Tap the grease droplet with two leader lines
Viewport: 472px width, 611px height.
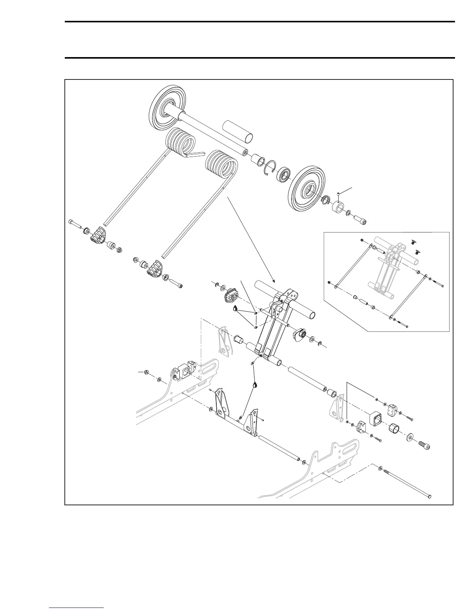click(x=235, y=308)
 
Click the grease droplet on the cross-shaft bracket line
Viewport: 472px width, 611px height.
click(x=255, y=385)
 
